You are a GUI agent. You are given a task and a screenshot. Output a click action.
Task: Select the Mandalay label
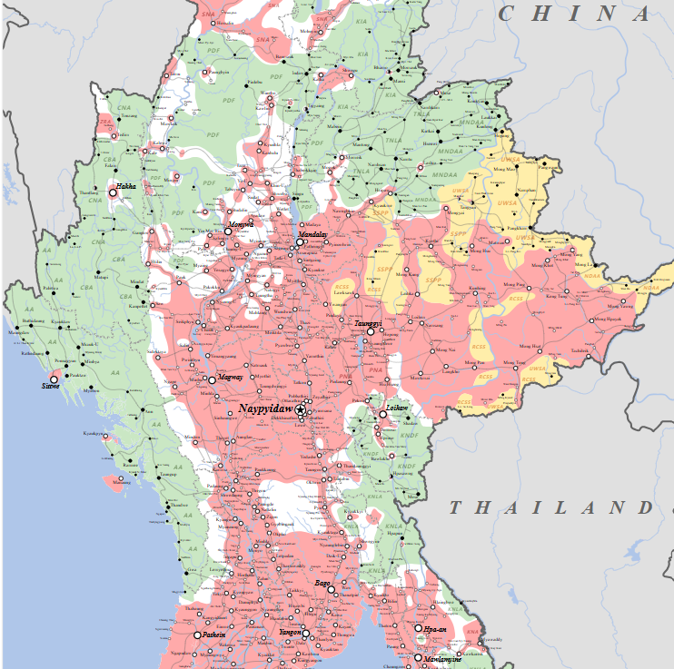[313, 234]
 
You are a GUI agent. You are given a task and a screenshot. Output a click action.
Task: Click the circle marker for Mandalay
[299, 241]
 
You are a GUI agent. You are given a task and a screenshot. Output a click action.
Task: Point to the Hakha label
[126, 186]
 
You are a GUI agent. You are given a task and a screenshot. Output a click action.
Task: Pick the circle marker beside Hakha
[114, 192]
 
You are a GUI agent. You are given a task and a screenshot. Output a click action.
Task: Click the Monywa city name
[241, 223]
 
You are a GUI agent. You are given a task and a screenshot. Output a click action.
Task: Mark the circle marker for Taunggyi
[371, 331]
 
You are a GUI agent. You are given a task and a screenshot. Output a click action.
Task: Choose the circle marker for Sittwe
[54, 379]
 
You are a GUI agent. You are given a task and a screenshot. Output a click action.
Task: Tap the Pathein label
[213, 635]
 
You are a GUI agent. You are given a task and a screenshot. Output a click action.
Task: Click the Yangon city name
[290, 632]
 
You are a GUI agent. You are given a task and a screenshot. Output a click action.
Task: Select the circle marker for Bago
[332, 590]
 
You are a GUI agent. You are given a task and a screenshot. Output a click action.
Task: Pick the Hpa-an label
[435, 629]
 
